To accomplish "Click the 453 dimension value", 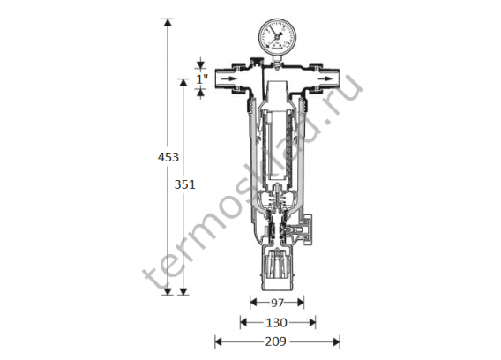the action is coord(168,157).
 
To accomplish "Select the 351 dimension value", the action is coord(184,184).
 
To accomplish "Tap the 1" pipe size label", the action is coord(202,79).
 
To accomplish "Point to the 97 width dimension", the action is coord(277,303).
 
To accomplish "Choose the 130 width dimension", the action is coord(277,323).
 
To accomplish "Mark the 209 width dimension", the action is coord(276,341).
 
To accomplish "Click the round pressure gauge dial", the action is coord(276,35).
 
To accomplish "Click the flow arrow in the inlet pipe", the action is coord(229,79).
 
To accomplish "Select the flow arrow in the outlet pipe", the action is coord(325,79).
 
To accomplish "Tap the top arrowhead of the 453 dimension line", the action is coord(168,22).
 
